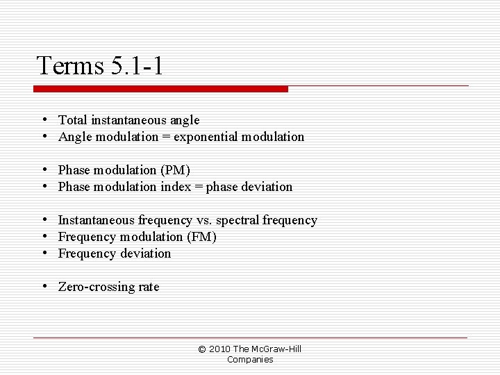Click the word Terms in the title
click(69, 66)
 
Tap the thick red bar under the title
click(160, 89)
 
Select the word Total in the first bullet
click(72, 120)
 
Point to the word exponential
click(206, 137)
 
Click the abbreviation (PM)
click(175, 170)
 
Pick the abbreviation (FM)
click(201, 237)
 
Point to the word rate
click(149, 287)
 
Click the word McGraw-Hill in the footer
click(276, 349)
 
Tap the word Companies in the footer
click(250, 359)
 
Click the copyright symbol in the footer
click(202, 349)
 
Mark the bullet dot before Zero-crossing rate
click(44, 286)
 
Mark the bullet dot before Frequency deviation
click(44, 253)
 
